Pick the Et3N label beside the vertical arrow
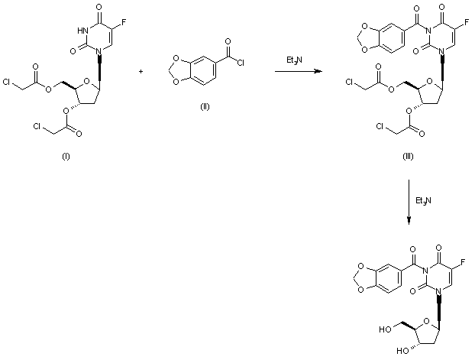[421, 200]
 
